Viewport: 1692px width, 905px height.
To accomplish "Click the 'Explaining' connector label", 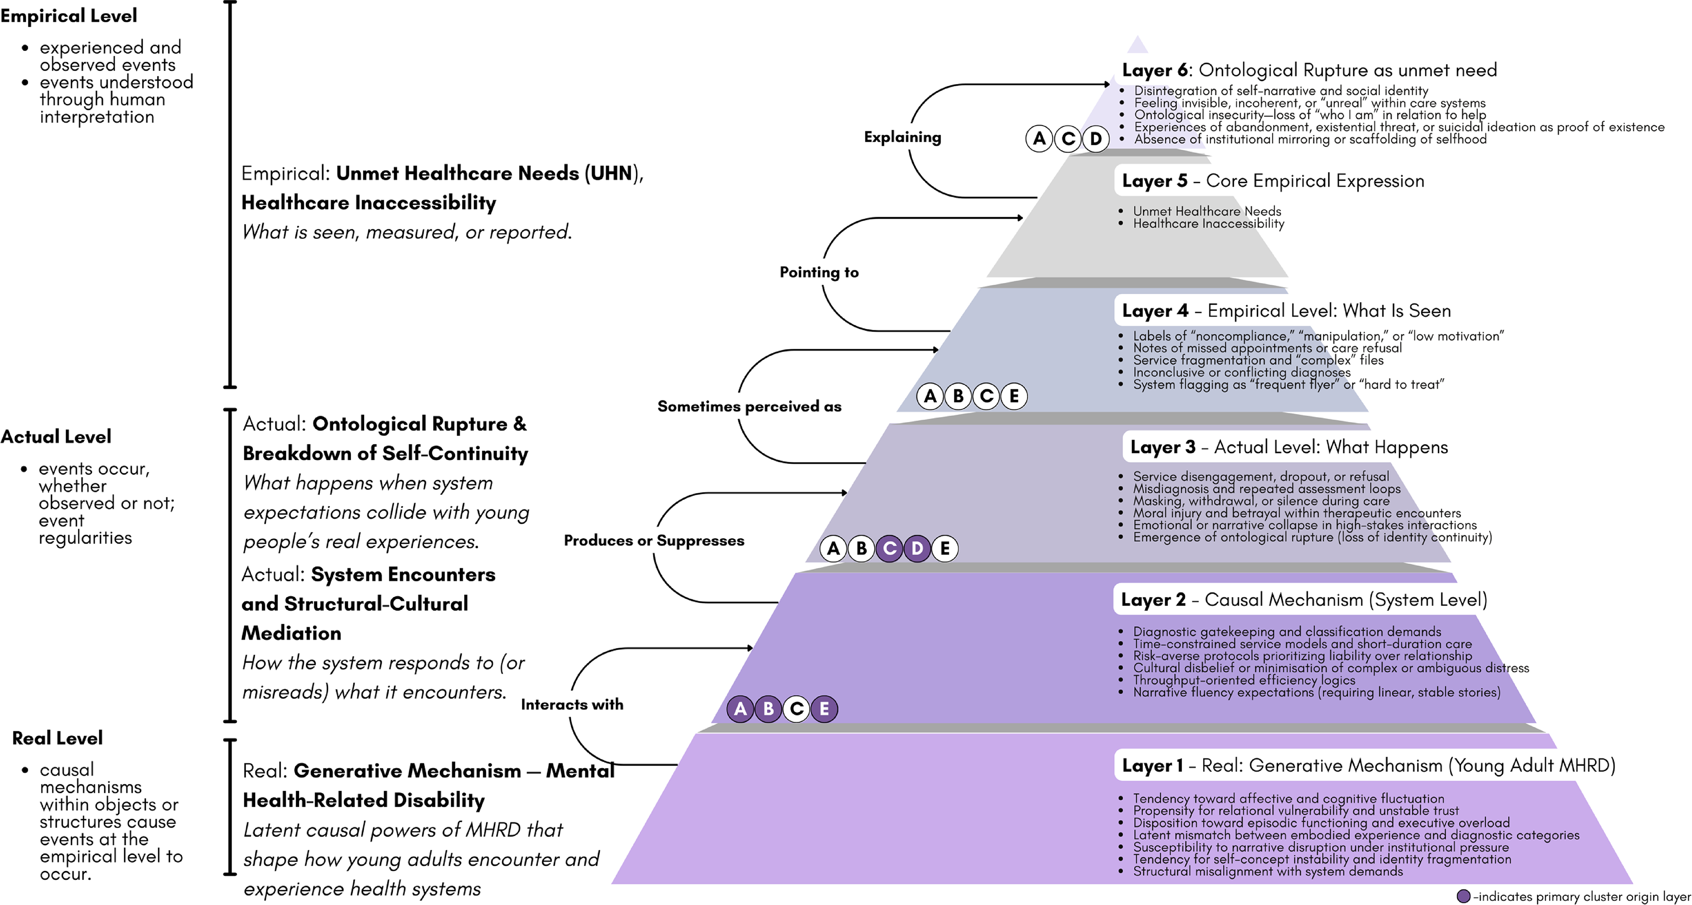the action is point(902,137).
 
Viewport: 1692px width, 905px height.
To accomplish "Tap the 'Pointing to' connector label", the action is point(819,272).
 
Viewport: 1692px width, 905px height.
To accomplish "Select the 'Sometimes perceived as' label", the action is point(749,407).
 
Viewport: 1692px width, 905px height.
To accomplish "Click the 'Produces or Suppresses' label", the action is point(654,540).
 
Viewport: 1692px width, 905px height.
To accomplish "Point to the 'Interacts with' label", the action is point(572,704).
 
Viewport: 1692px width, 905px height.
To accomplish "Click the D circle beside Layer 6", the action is point(1095,139).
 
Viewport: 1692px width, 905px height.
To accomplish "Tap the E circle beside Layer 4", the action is point(1014,396).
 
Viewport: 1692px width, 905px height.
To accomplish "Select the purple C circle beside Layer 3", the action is point(890,548).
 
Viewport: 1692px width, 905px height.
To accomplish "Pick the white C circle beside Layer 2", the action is point(797,709).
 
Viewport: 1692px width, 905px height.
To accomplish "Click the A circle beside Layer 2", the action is point(740,709).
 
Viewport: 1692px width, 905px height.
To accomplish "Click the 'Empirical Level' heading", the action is point(68,16).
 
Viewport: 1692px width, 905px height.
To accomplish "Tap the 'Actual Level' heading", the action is point(56,437).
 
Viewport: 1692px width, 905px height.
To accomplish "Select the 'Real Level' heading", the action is point(57,738).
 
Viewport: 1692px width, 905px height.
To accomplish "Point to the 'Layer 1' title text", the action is point(1152,766).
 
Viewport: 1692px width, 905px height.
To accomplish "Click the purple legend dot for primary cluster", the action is point(1464,897).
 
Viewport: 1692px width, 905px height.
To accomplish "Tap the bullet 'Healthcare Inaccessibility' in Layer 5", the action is point(1208,223).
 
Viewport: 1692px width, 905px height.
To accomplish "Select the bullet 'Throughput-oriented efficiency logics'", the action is point(1244,680).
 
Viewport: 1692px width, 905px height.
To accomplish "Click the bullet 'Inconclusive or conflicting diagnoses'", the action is point(1242,372).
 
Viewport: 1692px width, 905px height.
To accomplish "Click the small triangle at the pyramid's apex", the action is point(1137,45).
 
